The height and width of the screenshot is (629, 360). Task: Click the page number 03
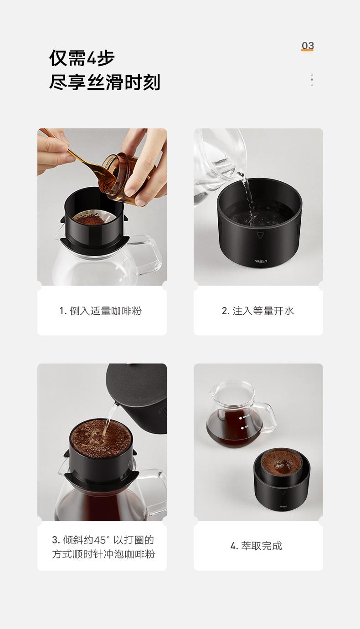308,45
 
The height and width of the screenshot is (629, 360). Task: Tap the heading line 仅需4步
82,58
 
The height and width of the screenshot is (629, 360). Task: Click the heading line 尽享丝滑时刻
105,82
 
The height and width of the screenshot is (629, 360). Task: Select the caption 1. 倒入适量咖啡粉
100,311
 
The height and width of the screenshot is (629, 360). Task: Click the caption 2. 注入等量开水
258,311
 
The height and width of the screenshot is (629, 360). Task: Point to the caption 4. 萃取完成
256,546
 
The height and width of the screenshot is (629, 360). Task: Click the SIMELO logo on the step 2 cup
261,261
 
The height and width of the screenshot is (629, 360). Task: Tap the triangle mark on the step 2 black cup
260,235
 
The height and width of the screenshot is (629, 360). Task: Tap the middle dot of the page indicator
312,80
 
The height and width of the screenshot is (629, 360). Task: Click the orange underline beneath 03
307,50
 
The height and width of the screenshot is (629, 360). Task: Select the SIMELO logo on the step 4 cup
283,506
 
